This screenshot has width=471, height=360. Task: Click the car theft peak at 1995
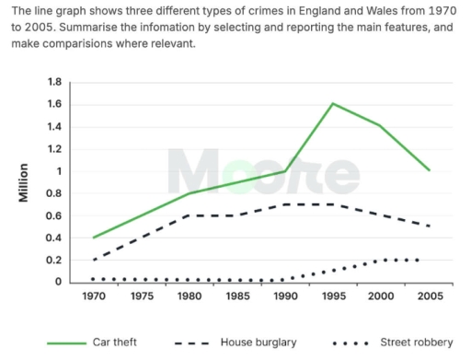click(x=332, y=103)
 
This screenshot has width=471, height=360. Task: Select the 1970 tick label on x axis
click(x=93, y=296)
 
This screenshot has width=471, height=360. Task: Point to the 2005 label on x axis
click(x=428, y=296)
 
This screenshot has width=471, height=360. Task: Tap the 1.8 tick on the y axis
click(x=52, y=82)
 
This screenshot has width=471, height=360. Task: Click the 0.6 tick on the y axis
click(x=52, y=215)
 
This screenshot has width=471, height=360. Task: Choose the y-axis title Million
click(x=27, y=183)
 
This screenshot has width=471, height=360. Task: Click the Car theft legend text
click(x=115, y=343)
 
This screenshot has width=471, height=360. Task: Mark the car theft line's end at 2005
click(x=429, y=170)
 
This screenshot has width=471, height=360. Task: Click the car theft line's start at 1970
click(x=93, y=238)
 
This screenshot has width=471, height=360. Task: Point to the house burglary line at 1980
click(x=189, y=215)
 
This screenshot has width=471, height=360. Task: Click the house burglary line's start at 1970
click(x=93, y=260)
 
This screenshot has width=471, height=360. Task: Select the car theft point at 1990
click(x=284, y=171)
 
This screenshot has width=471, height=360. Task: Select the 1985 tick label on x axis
click(x=236, y=296)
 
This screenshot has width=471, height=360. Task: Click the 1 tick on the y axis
click(x=58, y=171)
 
